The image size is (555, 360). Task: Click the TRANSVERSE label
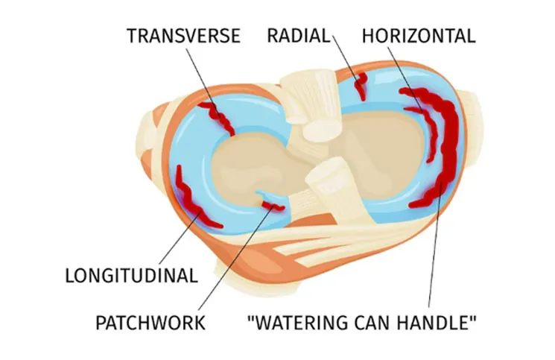click(x=184, y=36)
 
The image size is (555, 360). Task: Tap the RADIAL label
click(x=299, y=36)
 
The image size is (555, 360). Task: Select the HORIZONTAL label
click(x=419, y=36)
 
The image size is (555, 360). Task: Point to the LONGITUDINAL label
click(x=131, y=275)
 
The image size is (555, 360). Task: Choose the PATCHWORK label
click(x=150, y=323)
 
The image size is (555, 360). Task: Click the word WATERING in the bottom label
click(x=300, y=323)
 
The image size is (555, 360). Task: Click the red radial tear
click(x=361, y=86)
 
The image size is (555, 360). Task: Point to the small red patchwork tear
click(x=273, y=205)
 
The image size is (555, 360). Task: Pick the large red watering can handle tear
click(x=447, y=148)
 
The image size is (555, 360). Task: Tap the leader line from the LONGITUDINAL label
click(x=180, y=236)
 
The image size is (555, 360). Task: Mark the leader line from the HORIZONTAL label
click(x=406, y=80)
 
